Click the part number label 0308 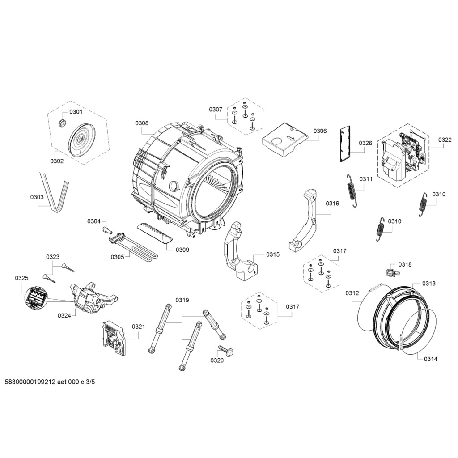coord(142,123)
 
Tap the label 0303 coord(37,197)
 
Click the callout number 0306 coord(320,131)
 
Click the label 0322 coord(445,140)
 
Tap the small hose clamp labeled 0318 coord(390,271)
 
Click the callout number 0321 coord(138,327)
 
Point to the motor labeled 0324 coord(92,297)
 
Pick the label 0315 coord(272,254)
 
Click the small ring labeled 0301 coord(63,123)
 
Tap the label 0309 coord(182,250)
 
